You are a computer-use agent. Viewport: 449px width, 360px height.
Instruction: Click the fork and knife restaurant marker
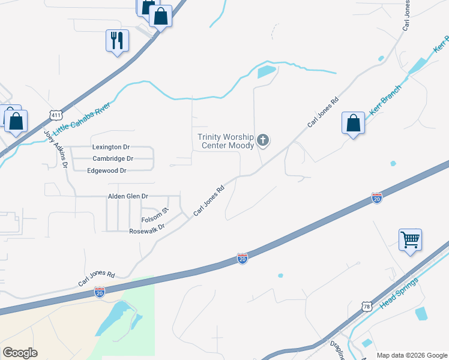(x=116, y=41)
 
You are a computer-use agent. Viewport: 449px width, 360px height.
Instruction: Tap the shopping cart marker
(x=410, y=241)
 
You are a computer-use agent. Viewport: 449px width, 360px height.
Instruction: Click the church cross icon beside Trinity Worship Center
(x=262, y=141)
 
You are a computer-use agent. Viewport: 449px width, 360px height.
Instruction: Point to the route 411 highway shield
(x=55, y=115)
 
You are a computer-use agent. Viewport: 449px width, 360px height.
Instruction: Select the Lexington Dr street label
(x=111, y=147)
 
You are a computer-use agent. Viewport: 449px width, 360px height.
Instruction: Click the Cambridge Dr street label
(x=112, y=159)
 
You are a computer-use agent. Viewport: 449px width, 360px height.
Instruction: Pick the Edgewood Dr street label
(x=107, y=171)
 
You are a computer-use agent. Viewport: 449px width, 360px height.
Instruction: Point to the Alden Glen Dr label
(x=128, y=196)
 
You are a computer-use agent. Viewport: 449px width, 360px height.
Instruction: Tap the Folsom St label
(x=155, y=214)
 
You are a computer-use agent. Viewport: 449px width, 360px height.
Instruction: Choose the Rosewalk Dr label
(x=146, y=231)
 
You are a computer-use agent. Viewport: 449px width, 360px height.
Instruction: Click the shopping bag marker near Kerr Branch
(x=354, y=124)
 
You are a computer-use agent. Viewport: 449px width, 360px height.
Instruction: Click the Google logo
(x=20, y=353)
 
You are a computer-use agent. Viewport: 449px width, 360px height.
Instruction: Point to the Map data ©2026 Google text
(x=412, y=355)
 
